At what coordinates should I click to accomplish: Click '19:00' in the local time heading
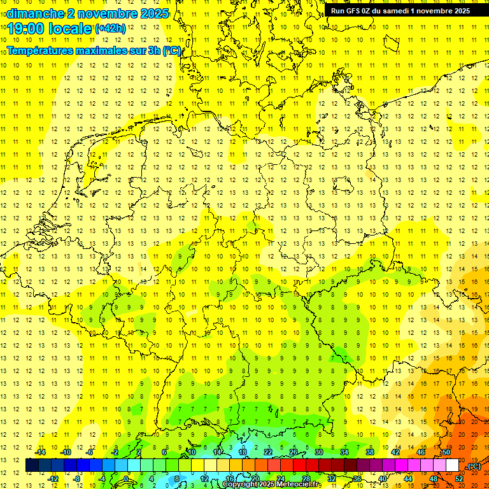point(27,28)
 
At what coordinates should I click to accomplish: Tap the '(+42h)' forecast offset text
point(110,28)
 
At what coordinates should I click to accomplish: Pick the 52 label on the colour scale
point(459,479)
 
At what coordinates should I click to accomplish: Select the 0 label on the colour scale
point(125,479)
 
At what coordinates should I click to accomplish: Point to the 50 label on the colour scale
point(446,452)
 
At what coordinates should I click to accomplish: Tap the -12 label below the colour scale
point(53,479)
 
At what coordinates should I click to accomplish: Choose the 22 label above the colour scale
point(268,452)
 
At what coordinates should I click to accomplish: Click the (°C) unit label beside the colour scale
point(474,465)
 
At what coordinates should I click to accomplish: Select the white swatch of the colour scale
point(453,465)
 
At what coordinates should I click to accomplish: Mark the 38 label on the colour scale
point(370,452)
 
